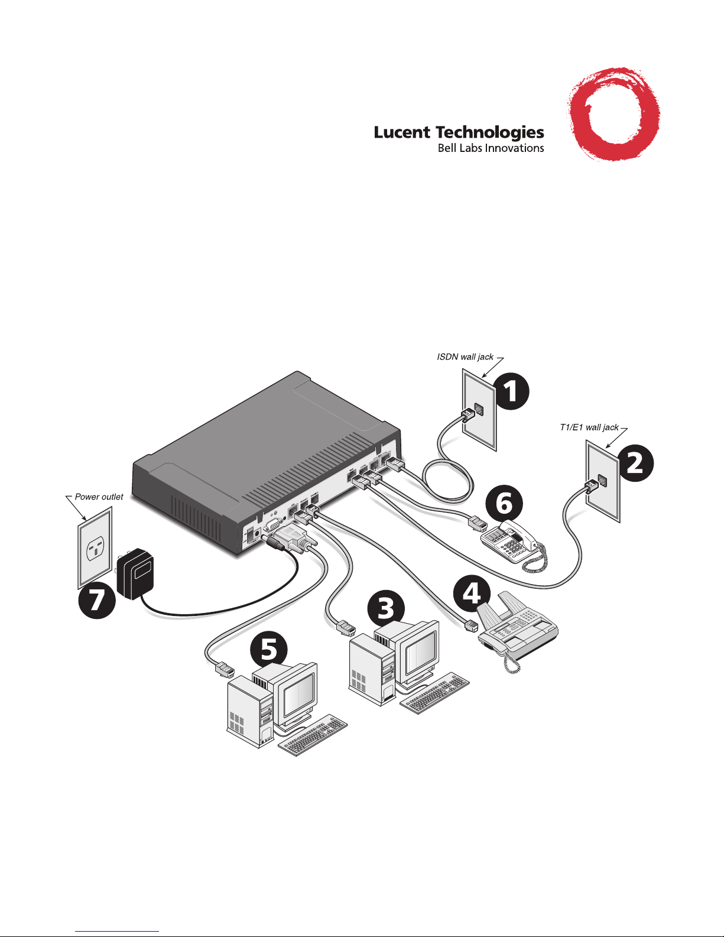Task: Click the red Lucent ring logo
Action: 613,114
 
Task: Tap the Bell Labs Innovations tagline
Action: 491,148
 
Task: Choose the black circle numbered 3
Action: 386,608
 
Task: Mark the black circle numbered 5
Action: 269,650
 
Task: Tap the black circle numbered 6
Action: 504,504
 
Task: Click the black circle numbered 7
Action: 97,599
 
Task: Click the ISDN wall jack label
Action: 465,357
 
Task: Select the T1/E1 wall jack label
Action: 589,427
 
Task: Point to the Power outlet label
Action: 99,497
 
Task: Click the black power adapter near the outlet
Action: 135,573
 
